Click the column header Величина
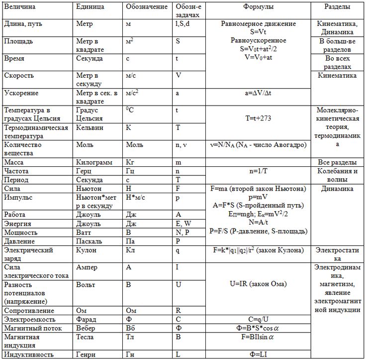[19, 8]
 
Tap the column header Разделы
[337, 7]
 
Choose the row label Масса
[13, 162]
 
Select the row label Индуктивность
[28, 354]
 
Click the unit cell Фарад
[87, 319]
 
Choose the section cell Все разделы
[337, 162]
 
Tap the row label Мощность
[20, 232]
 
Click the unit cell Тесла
[86, 337]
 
